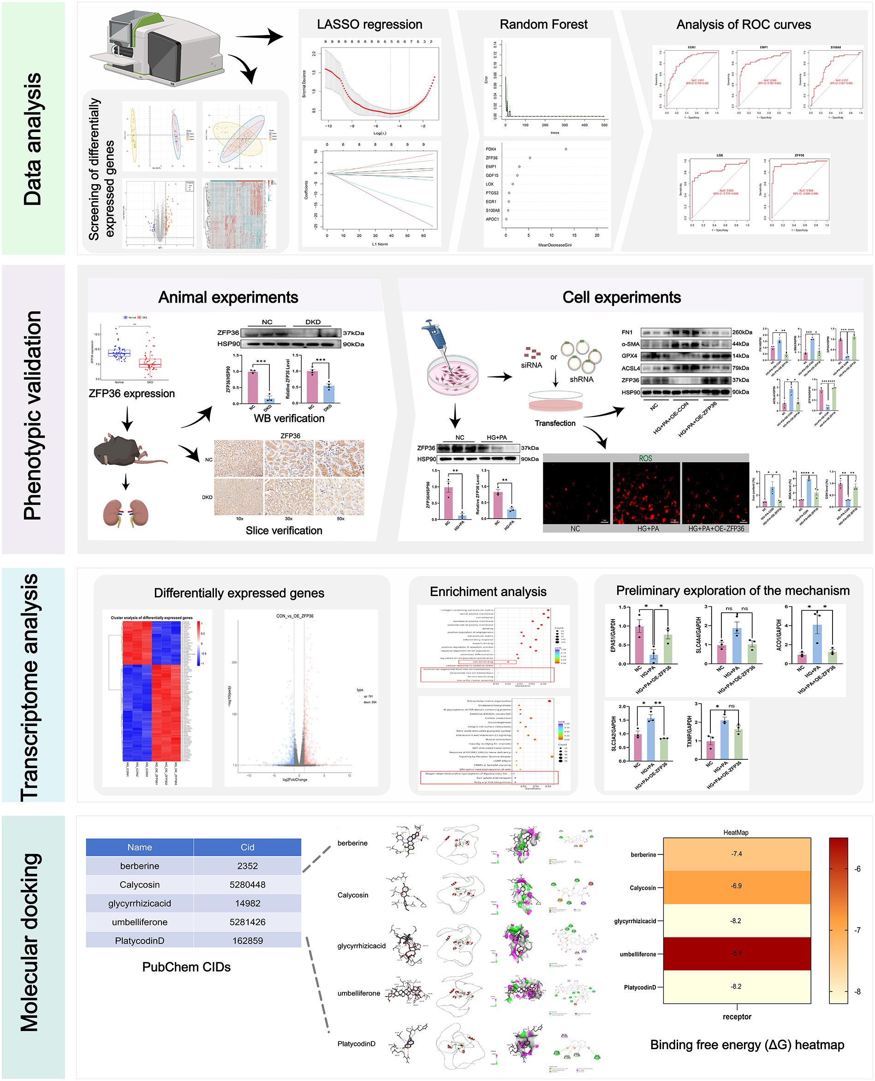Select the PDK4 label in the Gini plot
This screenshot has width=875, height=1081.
coord(491,149)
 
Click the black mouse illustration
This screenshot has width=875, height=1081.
coord(126,450)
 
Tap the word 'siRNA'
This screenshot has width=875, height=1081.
coord(531,365)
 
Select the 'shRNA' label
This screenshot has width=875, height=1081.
coord(581,379)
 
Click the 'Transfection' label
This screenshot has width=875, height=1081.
coord(555,423)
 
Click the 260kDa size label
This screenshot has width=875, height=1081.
coord(742,332)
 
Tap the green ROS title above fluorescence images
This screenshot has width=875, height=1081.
coord(645,458)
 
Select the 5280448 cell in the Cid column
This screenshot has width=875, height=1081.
coord(248,884)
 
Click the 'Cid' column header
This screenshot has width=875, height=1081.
coord(248,847)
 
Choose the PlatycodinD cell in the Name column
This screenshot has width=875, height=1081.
coord(140,940)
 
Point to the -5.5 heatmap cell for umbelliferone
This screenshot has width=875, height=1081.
coord(736,954)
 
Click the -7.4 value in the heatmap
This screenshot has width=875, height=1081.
coord(736,854)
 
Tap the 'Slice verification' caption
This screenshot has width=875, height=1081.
coord(284,531)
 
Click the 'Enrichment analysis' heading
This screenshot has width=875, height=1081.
coord(488,591)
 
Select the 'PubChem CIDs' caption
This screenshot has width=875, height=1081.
coord(186,967)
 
